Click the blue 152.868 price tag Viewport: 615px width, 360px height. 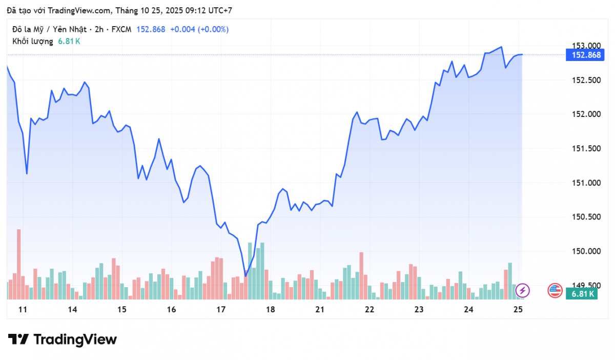click(583, 55)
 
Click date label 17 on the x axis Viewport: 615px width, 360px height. click(221, 309)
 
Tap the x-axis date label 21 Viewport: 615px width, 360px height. click(320, 309)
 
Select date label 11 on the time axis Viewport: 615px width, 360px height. click(22, 309)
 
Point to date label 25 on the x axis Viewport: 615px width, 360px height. click(518, 309)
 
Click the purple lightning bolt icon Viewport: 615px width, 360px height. click(523, 290)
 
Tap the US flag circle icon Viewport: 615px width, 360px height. click(555, 290)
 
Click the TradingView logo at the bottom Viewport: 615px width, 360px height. click(63, 339)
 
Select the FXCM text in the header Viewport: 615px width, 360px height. click(120, 29)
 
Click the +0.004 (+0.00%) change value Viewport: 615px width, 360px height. click(199, 29)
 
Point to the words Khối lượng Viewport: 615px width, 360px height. click(33, 41)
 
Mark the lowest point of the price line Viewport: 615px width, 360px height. click(245, 276)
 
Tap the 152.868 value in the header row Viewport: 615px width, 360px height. click(151, 29)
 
